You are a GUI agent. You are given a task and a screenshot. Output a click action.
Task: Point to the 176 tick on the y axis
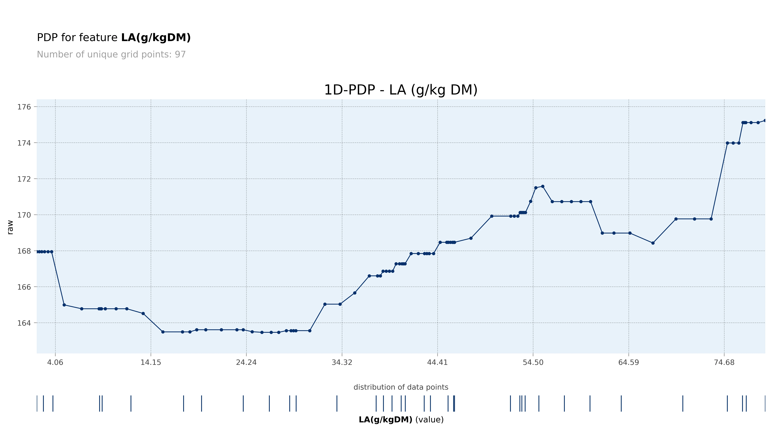pos(24,107)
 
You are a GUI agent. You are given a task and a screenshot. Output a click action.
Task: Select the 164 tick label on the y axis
pos(24,323)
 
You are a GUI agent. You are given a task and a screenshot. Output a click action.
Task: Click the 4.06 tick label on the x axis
pos(55,362)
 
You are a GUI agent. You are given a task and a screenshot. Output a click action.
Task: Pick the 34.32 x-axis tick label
pos(342,362)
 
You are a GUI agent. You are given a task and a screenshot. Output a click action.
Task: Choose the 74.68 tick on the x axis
pos(724,362)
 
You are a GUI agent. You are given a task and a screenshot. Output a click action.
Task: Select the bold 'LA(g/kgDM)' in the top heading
pos(156,38)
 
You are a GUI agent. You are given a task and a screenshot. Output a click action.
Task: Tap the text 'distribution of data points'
pos(401,387)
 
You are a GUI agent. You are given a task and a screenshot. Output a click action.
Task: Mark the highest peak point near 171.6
pos(543,186)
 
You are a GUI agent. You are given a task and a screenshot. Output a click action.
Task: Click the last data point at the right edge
pos(765,121)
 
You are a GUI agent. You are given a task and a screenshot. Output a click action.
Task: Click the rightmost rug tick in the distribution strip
pos(765,403)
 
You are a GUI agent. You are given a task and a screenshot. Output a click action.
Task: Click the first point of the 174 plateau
pos(727,143)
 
